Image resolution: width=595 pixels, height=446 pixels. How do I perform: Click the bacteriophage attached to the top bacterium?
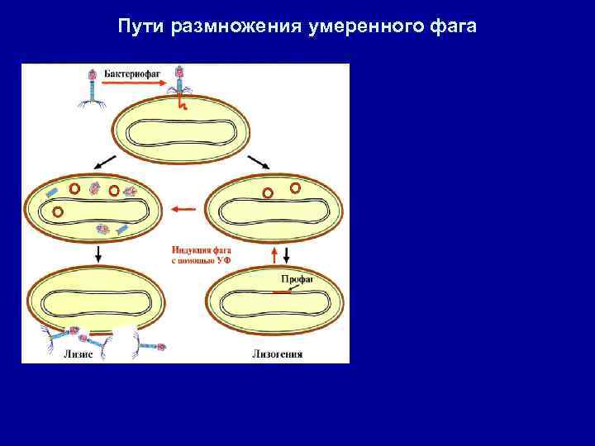click(180, 86)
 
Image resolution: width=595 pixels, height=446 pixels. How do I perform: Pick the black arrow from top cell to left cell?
click(104, 161)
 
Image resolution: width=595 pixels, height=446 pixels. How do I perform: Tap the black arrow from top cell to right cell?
click(259, 161)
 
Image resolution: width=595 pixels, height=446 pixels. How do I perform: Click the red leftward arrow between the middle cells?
click(184, 210)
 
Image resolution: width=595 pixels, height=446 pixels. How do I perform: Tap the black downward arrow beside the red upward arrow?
click(286, 254)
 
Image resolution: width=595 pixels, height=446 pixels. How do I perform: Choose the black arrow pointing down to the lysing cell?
click(98, 254)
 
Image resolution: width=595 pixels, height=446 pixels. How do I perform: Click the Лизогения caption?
click(278, 354)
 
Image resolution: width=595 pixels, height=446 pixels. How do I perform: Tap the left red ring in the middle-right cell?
click(267, 194)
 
